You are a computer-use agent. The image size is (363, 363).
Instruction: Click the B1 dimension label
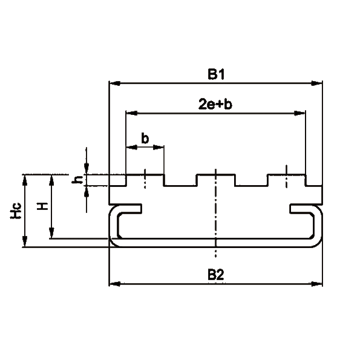point(216,74)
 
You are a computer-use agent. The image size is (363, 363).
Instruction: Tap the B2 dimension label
point(216,275)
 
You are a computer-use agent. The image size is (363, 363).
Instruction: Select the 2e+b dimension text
point(215,104)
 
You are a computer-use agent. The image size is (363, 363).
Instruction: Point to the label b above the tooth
point(145,139)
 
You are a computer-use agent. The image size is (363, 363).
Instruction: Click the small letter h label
point(77,180)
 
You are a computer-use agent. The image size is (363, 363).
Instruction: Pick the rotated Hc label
point(16,211)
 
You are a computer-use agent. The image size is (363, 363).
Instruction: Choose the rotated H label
point(42,206)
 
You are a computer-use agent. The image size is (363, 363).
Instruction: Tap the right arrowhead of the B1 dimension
point(316,83)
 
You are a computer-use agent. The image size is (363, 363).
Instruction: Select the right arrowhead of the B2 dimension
point(316,284)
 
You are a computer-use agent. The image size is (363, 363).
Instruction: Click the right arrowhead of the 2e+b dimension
point(299,113)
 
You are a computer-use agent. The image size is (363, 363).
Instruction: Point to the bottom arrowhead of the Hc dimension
point(25,241)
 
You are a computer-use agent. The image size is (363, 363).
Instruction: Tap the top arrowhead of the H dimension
point(51,180)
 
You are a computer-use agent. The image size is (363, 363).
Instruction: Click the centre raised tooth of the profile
point(216,180)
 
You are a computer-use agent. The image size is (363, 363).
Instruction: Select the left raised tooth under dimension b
point(145,180)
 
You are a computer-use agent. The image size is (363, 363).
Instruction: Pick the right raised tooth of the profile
point(287,180)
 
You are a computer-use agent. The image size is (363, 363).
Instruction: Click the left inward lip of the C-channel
point(130,208)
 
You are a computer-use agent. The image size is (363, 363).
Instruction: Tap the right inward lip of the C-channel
point(302,208)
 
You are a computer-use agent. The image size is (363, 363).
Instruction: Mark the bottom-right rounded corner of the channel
point(317,242)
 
